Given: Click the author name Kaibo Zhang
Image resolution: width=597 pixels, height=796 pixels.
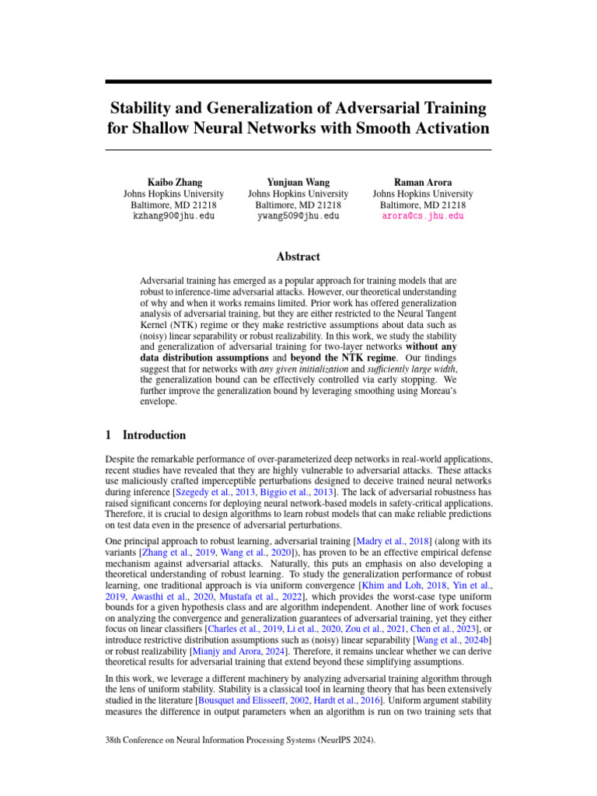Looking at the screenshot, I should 174,181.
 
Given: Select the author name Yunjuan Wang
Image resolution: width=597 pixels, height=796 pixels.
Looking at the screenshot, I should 298,181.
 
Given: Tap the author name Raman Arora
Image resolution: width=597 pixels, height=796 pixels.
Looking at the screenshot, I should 422,181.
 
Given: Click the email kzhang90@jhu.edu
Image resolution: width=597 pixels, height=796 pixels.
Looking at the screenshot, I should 174,216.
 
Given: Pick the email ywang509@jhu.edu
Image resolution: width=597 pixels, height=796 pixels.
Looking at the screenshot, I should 298,216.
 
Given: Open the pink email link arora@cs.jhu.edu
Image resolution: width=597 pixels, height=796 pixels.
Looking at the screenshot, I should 422,216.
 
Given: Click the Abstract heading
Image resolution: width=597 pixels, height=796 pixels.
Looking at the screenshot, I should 298,257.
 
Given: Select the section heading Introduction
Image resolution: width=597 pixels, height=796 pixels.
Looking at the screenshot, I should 154,435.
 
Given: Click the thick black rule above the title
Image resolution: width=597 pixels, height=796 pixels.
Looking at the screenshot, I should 298,82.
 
